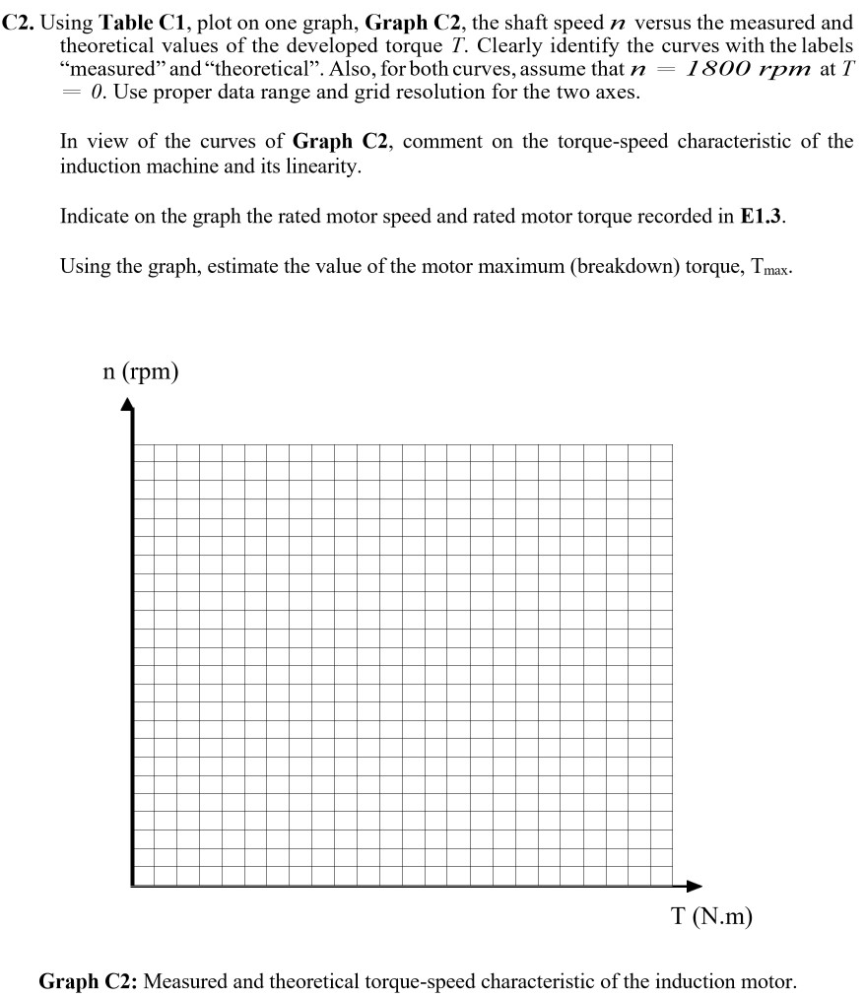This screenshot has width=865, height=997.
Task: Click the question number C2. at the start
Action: pyautogui.click(x=19, y=22)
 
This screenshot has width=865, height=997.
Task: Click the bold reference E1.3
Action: pyautogui.click(x=763, y=217)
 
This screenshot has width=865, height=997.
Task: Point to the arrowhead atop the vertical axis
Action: pyautogui.click(x=127, y=405)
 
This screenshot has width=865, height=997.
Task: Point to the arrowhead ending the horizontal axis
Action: pyautogui.click(x=695, y=886)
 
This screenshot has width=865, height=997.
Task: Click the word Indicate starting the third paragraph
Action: pyautogui.click(x=95, y=217)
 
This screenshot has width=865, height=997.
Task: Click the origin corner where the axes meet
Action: pyautogui.click(x=132, y=885)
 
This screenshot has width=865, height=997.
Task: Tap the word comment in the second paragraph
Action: pyautogui.click(x=438, y=142)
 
